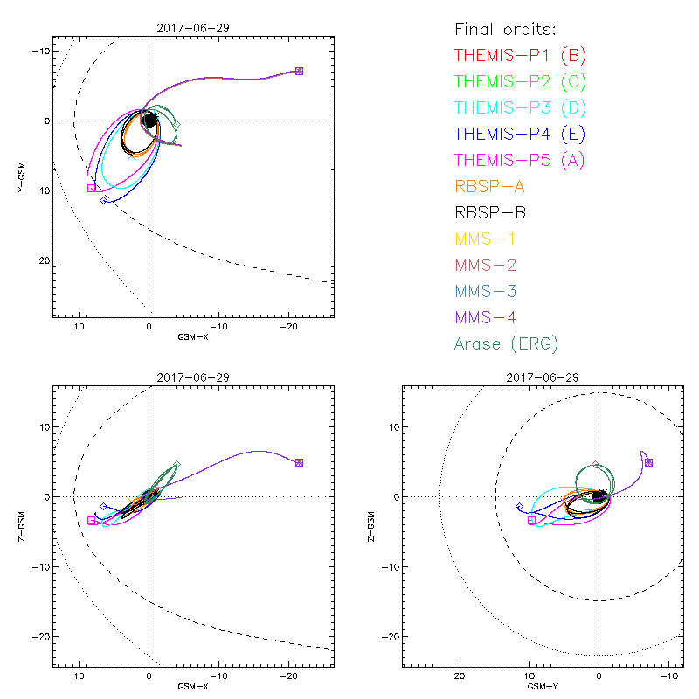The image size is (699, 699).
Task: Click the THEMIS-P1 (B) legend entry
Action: (520, 56)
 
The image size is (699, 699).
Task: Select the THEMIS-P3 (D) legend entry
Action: (520, 108)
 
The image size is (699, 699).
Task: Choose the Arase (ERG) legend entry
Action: (506, 343)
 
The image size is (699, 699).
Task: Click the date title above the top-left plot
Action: (192, 28)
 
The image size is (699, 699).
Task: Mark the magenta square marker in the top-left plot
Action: (91, 188)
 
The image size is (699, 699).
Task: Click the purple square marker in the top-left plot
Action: (299, 71)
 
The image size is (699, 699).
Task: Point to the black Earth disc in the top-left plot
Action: (149, 121)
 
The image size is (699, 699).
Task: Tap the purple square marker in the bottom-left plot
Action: (299, 462)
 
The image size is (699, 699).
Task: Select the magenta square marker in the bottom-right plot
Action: (531, 520)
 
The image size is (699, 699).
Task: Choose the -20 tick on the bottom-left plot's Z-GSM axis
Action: (40, 636)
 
